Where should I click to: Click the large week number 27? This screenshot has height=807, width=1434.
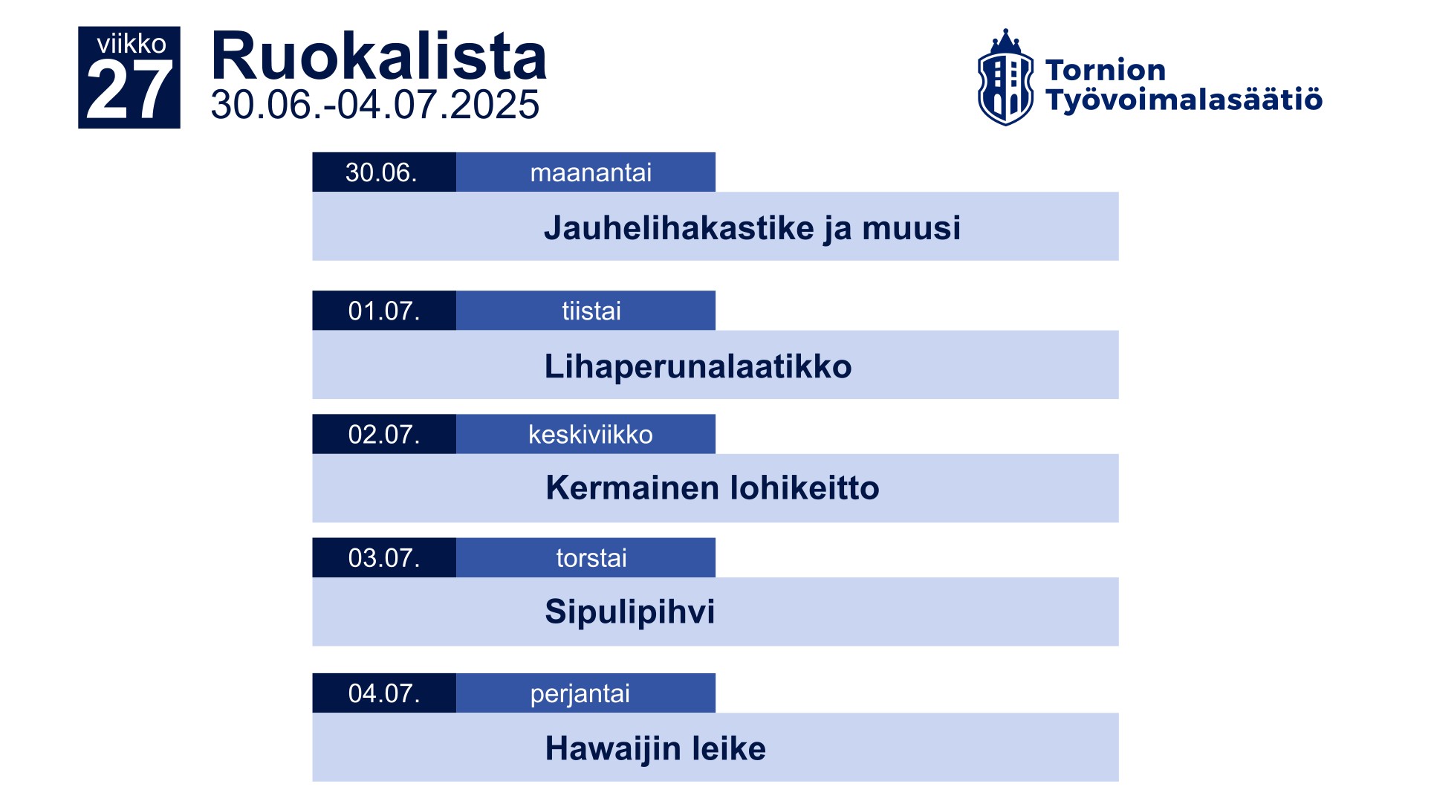[x=129, y=91]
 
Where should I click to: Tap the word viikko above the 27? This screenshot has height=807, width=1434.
[x=132, y=44]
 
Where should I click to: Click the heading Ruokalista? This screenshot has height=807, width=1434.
[x=379, y=56]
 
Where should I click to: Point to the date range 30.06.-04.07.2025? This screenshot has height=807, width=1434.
[x=375, y=105]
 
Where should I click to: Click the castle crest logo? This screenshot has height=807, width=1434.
[x=1005, y=77]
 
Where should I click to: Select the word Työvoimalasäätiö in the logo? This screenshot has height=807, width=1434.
[x=1184, y=100]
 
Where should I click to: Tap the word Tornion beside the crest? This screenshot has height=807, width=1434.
[x=1106, y=70]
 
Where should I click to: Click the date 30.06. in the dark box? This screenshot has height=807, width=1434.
[x=381, y=172]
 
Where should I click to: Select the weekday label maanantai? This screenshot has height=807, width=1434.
[x=591, y=172]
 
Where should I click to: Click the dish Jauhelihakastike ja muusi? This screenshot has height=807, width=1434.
[x=752, y=228]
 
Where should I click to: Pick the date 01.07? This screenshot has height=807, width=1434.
[x=384, y=311]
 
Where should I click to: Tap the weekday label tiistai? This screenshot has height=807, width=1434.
[x=591, y=311]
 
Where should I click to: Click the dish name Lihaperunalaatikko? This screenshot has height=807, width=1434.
[x=698, y=366]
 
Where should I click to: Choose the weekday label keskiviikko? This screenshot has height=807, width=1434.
[x=591, y=434]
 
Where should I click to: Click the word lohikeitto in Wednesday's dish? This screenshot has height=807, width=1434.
[x=805, y=488]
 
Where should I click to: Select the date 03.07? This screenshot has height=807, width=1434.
[x=384, y=557]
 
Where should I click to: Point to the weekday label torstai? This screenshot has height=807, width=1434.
[x=591, y=557]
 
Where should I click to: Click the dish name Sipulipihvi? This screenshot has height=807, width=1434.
[x=630, y=612]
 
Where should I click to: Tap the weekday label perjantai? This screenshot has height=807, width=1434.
[x=580, y=693]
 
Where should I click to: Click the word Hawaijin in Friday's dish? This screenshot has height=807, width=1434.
[x=613, y=748]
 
